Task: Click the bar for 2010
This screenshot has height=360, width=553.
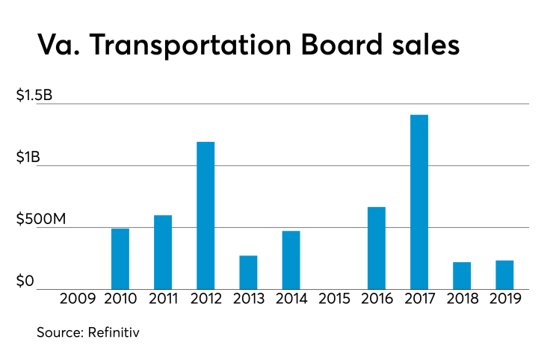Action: [120, 259]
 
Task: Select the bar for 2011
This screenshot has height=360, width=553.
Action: [163, 252]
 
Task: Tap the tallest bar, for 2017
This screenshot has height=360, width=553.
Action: [419, 202]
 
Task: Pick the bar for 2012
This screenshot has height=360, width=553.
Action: [206, 216]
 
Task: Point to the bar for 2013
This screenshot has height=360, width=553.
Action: [248, 273]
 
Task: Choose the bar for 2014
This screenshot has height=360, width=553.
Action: [291, 260]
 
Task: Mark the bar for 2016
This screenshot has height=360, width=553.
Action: [377, 248]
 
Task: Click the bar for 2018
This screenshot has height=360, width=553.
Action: [462, 276]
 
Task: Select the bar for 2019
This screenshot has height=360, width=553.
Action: [504, 275]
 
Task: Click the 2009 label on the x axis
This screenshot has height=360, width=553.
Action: [78, 300]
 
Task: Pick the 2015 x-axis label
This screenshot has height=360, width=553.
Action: [333, 300]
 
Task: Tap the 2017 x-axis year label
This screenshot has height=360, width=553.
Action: [419, 300]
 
